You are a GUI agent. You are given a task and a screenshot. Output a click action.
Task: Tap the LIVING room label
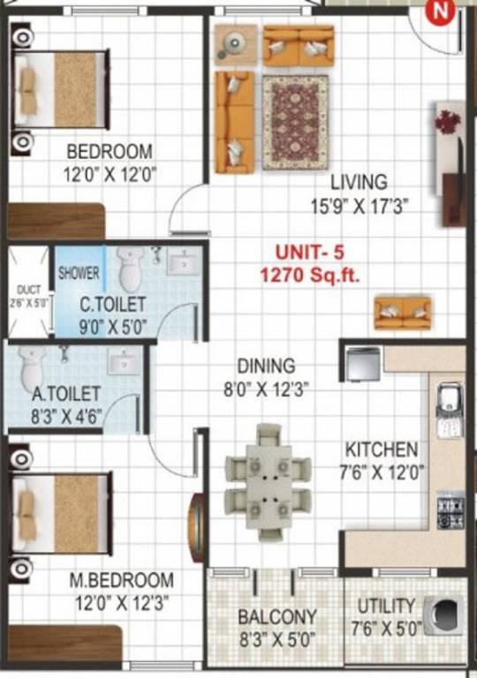tap(359, 183)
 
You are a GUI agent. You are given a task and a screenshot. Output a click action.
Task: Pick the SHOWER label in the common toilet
tap(79, 274)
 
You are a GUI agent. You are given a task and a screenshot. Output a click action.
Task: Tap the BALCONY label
tap(277, 616)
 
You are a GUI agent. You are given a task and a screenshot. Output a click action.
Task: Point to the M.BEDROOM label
tap(122, 581)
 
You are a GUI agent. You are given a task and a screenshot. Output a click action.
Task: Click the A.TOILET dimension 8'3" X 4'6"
tap(65, 416)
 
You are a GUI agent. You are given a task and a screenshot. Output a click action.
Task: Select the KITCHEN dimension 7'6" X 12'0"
tap(381, 471)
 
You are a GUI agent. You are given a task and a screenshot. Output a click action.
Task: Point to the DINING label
tap(266, 365)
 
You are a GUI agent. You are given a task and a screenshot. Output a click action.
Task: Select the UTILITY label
tap(386, 606)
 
